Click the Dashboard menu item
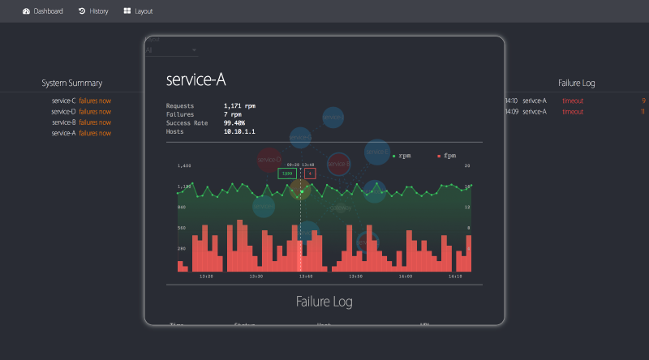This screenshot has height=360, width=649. tap(43, 11)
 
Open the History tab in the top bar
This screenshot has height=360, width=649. tap(93, 11)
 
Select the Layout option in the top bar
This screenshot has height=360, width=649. tap(138, 11)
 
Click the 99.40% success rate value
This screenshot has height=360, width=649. tap(234, 123)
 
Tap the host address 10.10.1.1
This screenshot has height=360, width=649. tap(239, 131)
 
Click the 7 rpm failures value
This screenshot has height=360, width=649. tap(232, 114)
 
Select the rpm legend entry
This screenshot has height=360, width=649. tap(402, 155)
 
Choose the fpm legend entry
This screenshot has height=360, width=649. tap(447, 155)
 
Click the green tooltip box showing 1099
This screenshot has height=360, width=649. tap(287, 173)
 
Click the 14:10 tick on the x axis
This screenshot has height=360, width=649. tap(455, 276)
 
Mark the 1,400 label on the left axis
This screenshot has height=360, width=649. tap(184, 165)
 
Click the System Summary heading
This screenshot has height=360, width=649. tap(71, 83)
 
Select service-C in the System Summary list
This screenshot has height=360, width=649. tap(63, 101)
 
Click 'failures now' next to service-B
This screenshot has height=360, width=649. tap(95, 122)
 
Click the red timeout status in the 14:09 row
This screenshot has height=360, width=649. tap(573, 111)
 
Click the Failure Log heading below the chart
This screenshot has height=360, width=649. tap(324, 302)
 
